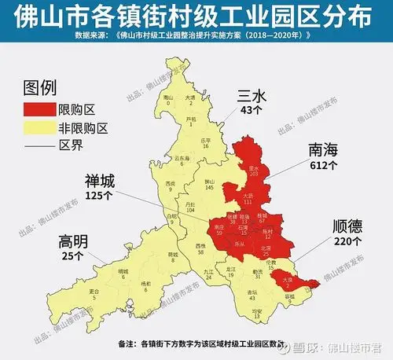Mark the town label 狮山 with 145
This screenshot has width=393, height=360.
click(x=209, y=184)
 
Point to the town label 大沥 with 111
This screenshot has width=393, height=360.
click(x=248, y=197)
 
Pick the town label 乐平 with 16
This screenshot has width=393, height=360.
click(x=206, y=142)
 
